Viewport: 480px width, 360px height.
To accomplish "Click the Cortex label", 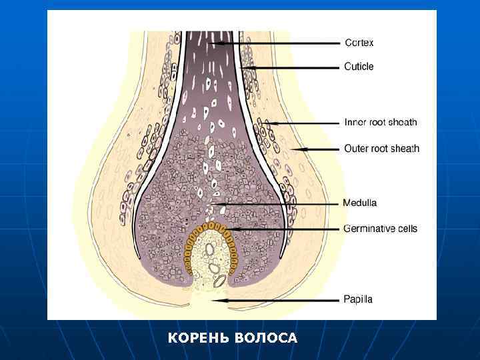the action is coord(359,43).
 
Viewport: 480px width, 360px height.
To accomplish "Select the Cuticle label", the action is coord(359,67).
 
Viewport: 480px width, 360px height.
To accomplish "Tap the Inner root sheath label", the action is coord(380,122).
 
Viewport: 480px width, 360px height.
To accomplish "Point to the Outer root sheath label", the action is coord(381,149).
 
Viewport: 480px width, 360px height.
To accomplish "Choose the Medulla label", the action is coord(360,203).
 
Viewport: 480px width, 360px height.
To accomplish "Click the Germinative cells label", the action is coord(380,229).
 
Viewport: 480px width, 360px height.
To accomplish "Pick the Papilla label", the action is coord(358,300).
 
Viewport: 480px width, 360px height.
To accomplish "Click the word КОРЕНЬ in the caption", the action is coord(198,339).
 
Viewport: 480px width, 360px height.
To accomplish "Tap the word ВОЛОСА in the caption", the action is coord(266,339).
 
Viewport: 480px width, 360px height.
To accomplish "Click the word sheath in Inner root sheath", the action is coord(402,122).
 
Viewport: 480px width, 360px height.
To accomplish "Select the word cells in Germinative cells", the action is coord(405,229).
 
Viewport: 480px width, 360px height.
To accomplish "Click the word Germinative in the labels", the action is coord(367,229).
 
